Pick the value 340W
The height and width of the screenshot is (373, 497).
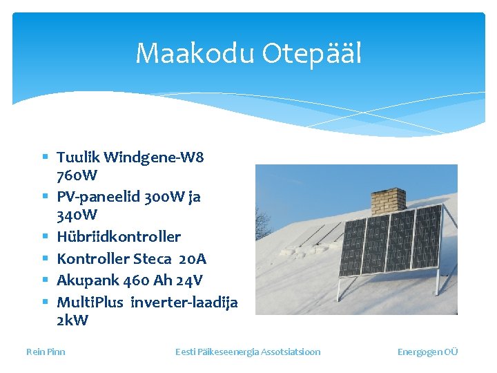tap(77, 215)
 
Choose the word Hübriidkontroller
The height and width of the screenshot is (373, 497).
tap(119, 237)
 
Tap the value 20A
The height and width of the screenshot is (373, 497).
tap(192, 259)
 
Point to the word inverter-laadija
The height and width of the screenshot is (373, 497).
tap(184, 303)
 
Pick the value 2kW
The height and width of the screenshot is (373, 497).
tap(72, 321)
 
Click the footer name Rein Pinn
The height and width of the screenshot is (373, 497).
tap(46, 352)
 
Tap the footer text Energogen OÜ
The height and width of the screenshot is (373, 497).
tap(427, 352)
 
